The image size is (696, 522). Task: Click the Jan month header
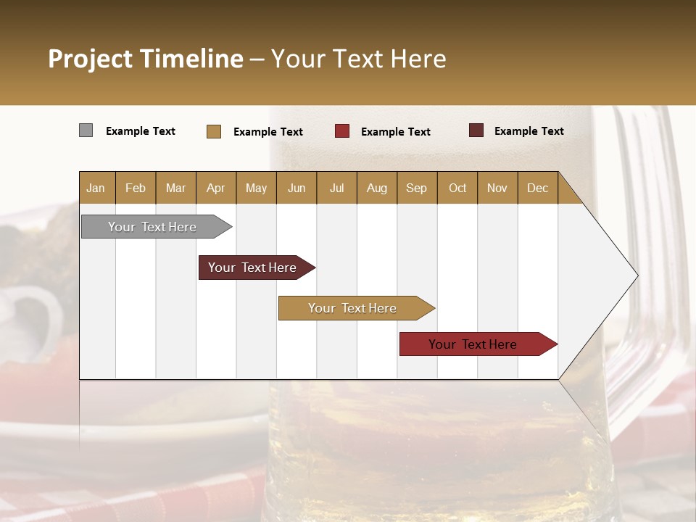(96, 188)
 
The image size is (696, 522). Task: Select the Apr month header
(216, 188)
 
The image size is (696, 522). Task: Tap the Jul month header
(337, 188)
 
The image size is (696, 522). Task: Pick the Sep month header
(416, 188)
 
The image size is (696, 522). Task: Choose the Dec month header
(537, 188)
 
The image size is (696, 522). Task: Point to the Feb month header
(136, 188)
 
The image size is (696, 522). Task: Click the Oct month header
(457, 188)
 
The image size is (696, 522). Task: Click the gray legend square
(86, 130)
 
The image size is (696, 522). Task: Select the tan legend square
(214, 131)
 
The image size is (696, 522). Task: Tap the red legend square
(342, 131)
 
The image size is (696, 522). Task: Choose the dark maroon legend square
(476, 130)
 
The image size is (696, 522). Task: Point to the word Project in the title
(91, 59)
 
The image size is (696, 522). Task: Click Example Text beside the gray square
(141, 131)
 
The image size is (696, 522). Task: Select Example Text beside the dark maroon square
(529, 131)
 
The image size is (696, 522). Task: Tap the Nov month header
(497, 188)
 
